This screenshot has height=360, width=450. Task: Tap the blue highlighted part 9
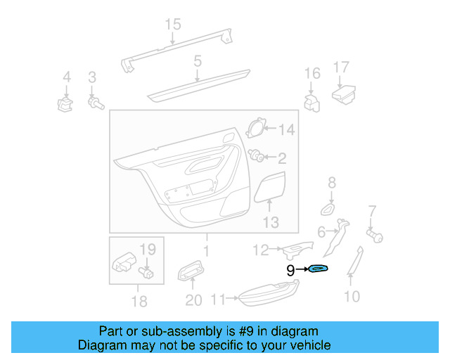coord(319,269)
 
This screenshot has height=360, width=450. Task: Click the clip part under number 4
coord(66,105)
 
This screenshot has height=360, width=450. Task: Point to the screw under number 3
coord(95,104)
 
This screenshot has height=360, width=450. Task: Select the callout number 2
coord(281,158)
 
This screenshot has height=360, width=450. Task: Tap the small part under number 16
coord(311,102)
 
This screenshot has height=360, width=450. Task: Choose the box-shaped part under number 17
coord(345,94)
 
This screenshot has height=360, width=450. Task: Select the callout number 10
coord(352,296)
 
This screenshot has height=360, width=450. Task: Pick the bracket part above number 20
coord(191,271)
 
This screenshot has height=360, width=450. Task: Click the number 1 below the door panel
coord(206,251)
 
